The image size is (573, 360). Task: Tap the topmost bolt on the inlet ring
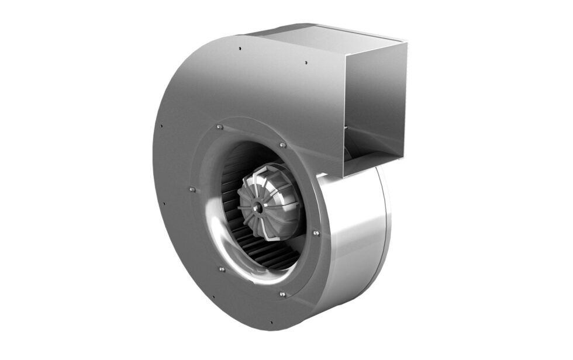219,126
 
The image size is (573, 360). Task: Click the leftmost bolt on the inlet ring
191,189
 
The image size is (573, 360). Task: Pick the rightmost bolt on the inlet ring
316,233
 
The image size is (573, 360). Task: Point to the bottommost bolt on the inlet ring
282,294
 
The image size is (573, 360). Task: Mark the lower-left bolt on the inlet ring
221,269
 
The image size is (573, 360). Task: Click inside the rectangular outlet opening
374,105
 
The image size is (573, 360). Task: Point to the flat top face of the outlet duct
327,32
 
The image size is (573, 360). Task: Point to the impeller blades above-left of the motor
234,169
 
